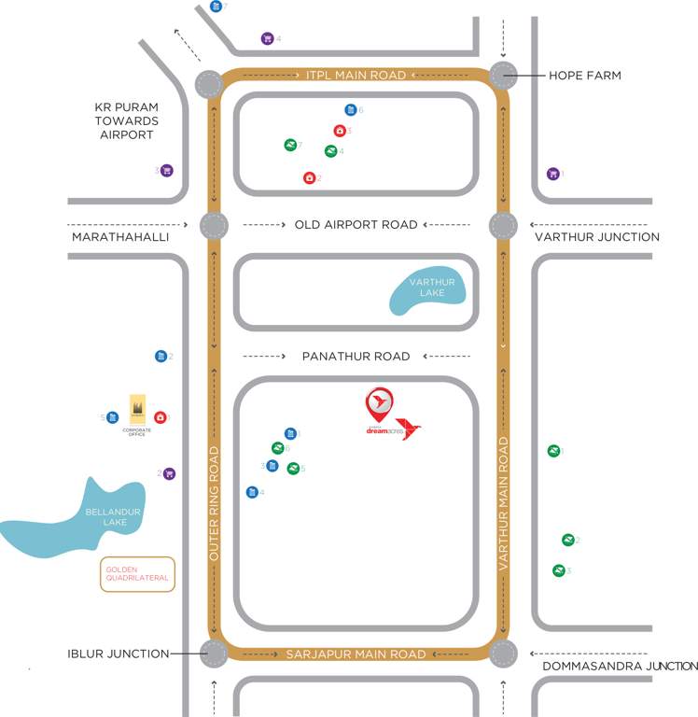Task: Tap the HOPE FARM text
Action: pos(585,75)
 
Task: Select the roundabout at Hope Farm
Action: pos(504,75)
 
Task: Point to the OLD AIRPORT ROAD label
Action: pos(356,225)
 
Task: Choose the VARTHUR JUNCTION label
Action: pos(597,237)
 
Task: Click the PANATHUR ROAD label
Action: pos(356,357)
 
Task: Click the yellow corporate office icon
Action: pos(137,408)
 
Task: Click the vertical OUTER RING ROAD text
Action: pos(214,503)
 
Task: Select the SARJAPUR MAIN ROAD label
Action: pos(356,654)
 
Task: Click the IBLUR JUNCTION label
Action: pos(119,654)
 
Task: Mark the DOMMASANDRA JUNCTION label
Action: pos(620,667)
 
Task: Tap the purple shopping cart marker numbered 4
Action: pos(267,38)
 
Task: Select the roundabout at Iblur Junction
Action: pos(213,654)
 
